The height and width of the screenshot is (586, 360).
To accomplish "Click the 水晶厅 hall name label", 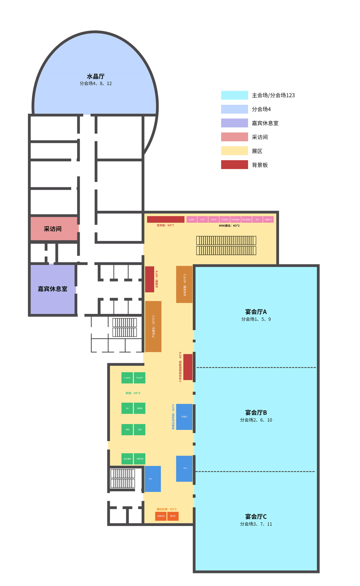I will tap(96, 76).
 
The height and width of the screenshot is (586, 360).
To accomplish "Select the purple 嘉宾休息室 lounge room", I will tap(53, 289).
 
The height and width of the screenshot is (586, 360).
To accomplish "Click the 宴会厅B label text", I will tap(256, 413).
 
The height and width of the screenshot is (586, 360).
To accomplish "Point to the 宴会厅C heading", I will tap(256, 517).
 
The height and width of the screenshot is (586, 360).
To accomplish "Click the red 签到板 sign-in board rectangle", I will tap(166, 219).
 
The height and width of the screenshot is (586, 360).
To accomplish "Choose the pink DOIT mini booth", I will tap(203, 219).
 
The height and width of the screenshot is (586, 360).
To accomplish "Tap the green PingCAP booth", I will tap(139, 378).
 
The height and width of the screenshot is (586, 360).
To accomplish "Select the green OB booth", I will tap(127, 408).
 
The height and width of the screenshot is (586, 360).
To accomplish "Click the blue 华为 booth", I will tap(184, 469).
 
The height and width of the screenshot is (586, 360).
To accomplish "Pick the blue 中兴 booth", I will tap(152, 479).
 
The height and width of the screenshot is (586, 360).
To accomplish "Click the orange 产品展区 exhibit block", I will tap(153, 327).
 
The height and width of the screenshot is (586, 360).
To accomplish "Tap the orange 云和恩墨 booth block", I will tap(184, 284).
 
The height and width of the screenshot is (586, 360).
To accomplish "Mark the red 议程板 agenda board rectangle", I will tap(150, 279).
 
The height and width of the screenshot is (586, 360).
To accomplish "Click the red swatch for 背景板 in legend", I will tap(234, 165).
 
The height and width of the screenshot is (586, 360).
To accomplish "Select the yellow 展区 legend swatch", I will tap(234, 151).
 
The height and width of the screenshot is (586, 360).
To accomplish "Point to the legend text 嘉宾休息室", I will tap(265, 123).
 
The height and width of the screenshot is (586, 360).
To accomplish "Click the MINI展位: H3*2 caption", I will tap(229, 226).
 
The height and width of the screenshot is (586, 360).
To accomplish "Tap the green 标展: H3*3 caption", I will tap(133, 393).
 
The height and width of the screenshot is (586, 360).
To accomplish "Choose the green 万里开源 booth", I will tap(140, 459).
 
